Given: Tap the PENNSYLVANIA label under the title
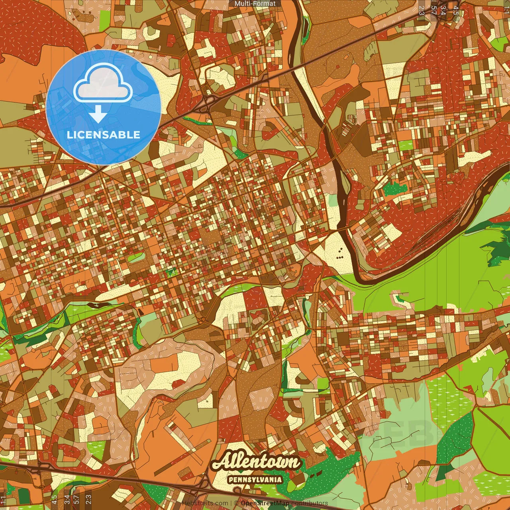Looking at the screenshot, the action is (255, 480).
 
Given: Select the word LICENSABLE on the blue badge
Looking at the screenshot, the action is (103, 135).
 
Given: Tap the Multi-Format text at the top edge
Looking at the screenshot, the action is (255, 4).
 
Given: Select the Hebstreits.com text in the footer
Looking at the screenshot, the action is (205, 503).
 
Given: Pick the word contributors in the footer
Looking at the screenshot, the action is (309, 503).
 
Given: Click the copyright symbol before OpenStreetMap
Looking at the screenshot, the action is (236, 503).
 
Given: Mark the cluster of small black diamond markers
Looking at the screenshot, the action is (340, 253).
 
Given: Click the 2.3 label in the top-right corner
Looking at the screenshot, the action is (422, 10).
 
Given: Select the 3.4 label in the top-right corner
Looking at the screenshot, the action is (443, 10).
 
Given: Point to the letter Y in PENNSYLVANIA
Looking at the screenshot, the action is (257, 480).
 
